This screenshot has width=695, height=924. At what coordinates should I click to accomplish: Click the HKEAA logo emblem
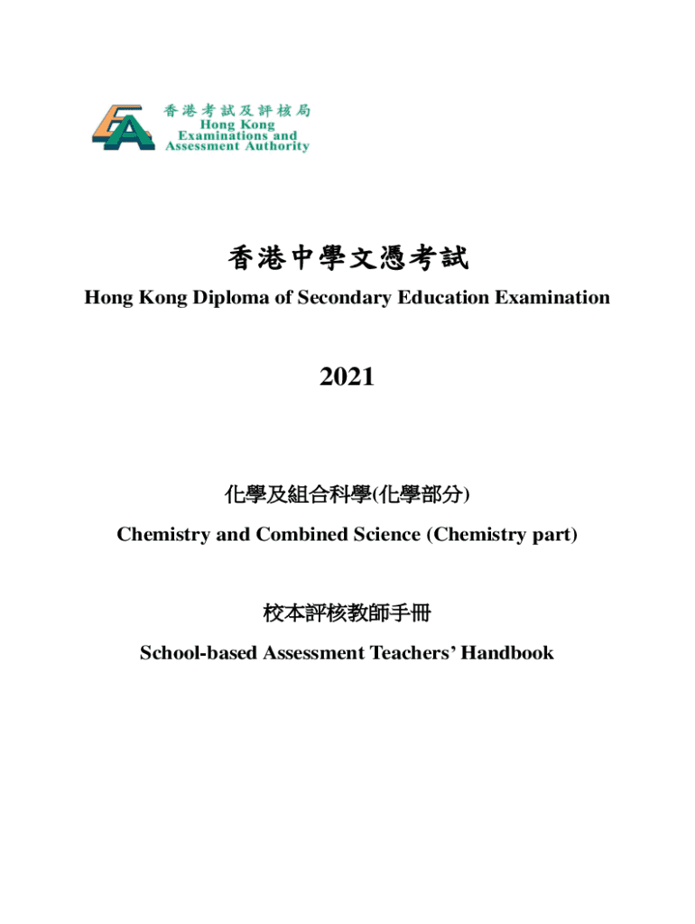(x=123, y=127)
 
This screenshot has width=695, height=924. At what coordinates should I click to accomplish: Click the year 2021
(x=347, y=377)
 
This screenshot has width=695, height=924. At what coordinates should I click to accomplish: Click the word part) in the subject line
(x=553, y=534)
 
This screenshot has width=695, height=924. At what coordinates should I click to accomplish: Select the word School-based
(x=197, y=652)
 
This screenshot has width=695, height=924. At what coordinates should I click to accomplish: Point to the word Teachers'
(x=412, y=652)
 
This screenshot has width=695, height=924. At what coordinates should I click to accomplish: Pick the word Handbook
(x=507, y=652)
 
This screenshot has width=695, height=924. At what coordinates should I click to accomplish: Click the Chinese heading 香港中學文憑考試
(x=347, y=260)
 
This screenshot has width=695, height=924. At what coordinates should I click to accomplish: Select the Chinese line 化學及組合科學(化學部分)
(x=347, y=494)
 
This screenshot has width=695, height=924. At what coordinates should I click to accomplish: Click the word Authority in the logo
(x=275, y=146)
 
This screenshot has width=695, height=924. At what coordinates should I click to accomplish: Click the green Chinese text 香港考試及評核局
(x=237, y=110)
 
